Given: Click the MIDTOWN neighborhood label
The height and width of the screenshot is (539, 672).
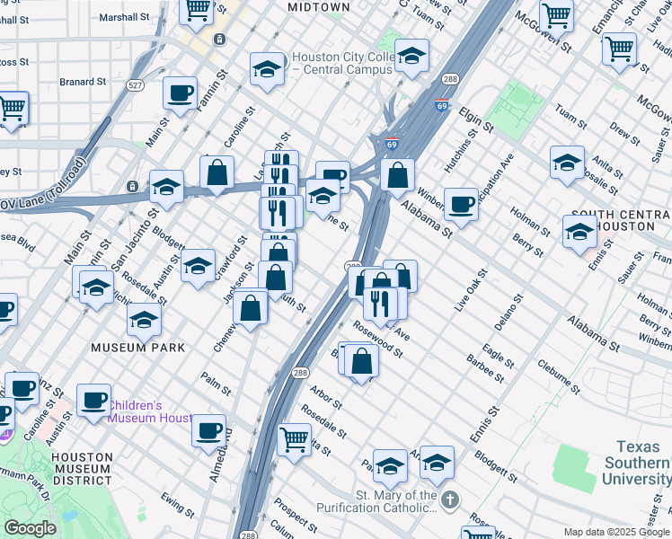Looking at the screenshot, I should pos(318,7).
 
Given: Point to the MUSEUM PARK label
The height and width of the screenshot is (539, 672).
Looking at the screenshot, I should pos(137,347).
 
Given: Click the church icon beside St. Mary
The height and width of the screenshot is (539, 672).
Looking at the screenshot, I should pos(451,497).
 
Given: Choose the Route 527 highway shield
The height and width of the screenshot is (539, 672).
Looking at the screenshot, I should pos(136,85).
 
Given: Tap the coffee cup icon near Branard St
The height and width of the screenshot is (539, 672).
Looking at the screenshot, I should pos(180,93).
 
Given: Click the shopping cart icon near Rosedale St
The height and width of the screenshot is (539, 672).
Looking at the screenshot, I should pos(294,438).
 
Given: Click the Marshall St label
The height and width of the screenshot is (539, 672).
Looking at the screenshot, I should pos(124,17).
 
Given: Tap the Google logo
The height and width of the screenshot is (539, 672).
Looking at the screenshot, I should pos(30,528).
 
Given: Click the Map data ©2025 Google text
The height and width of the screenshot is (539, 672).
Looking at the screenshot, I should pos(615,532).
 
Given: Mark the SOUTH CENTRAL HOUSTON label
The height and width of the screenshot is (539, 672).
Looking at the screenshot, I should pos(620,221).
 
